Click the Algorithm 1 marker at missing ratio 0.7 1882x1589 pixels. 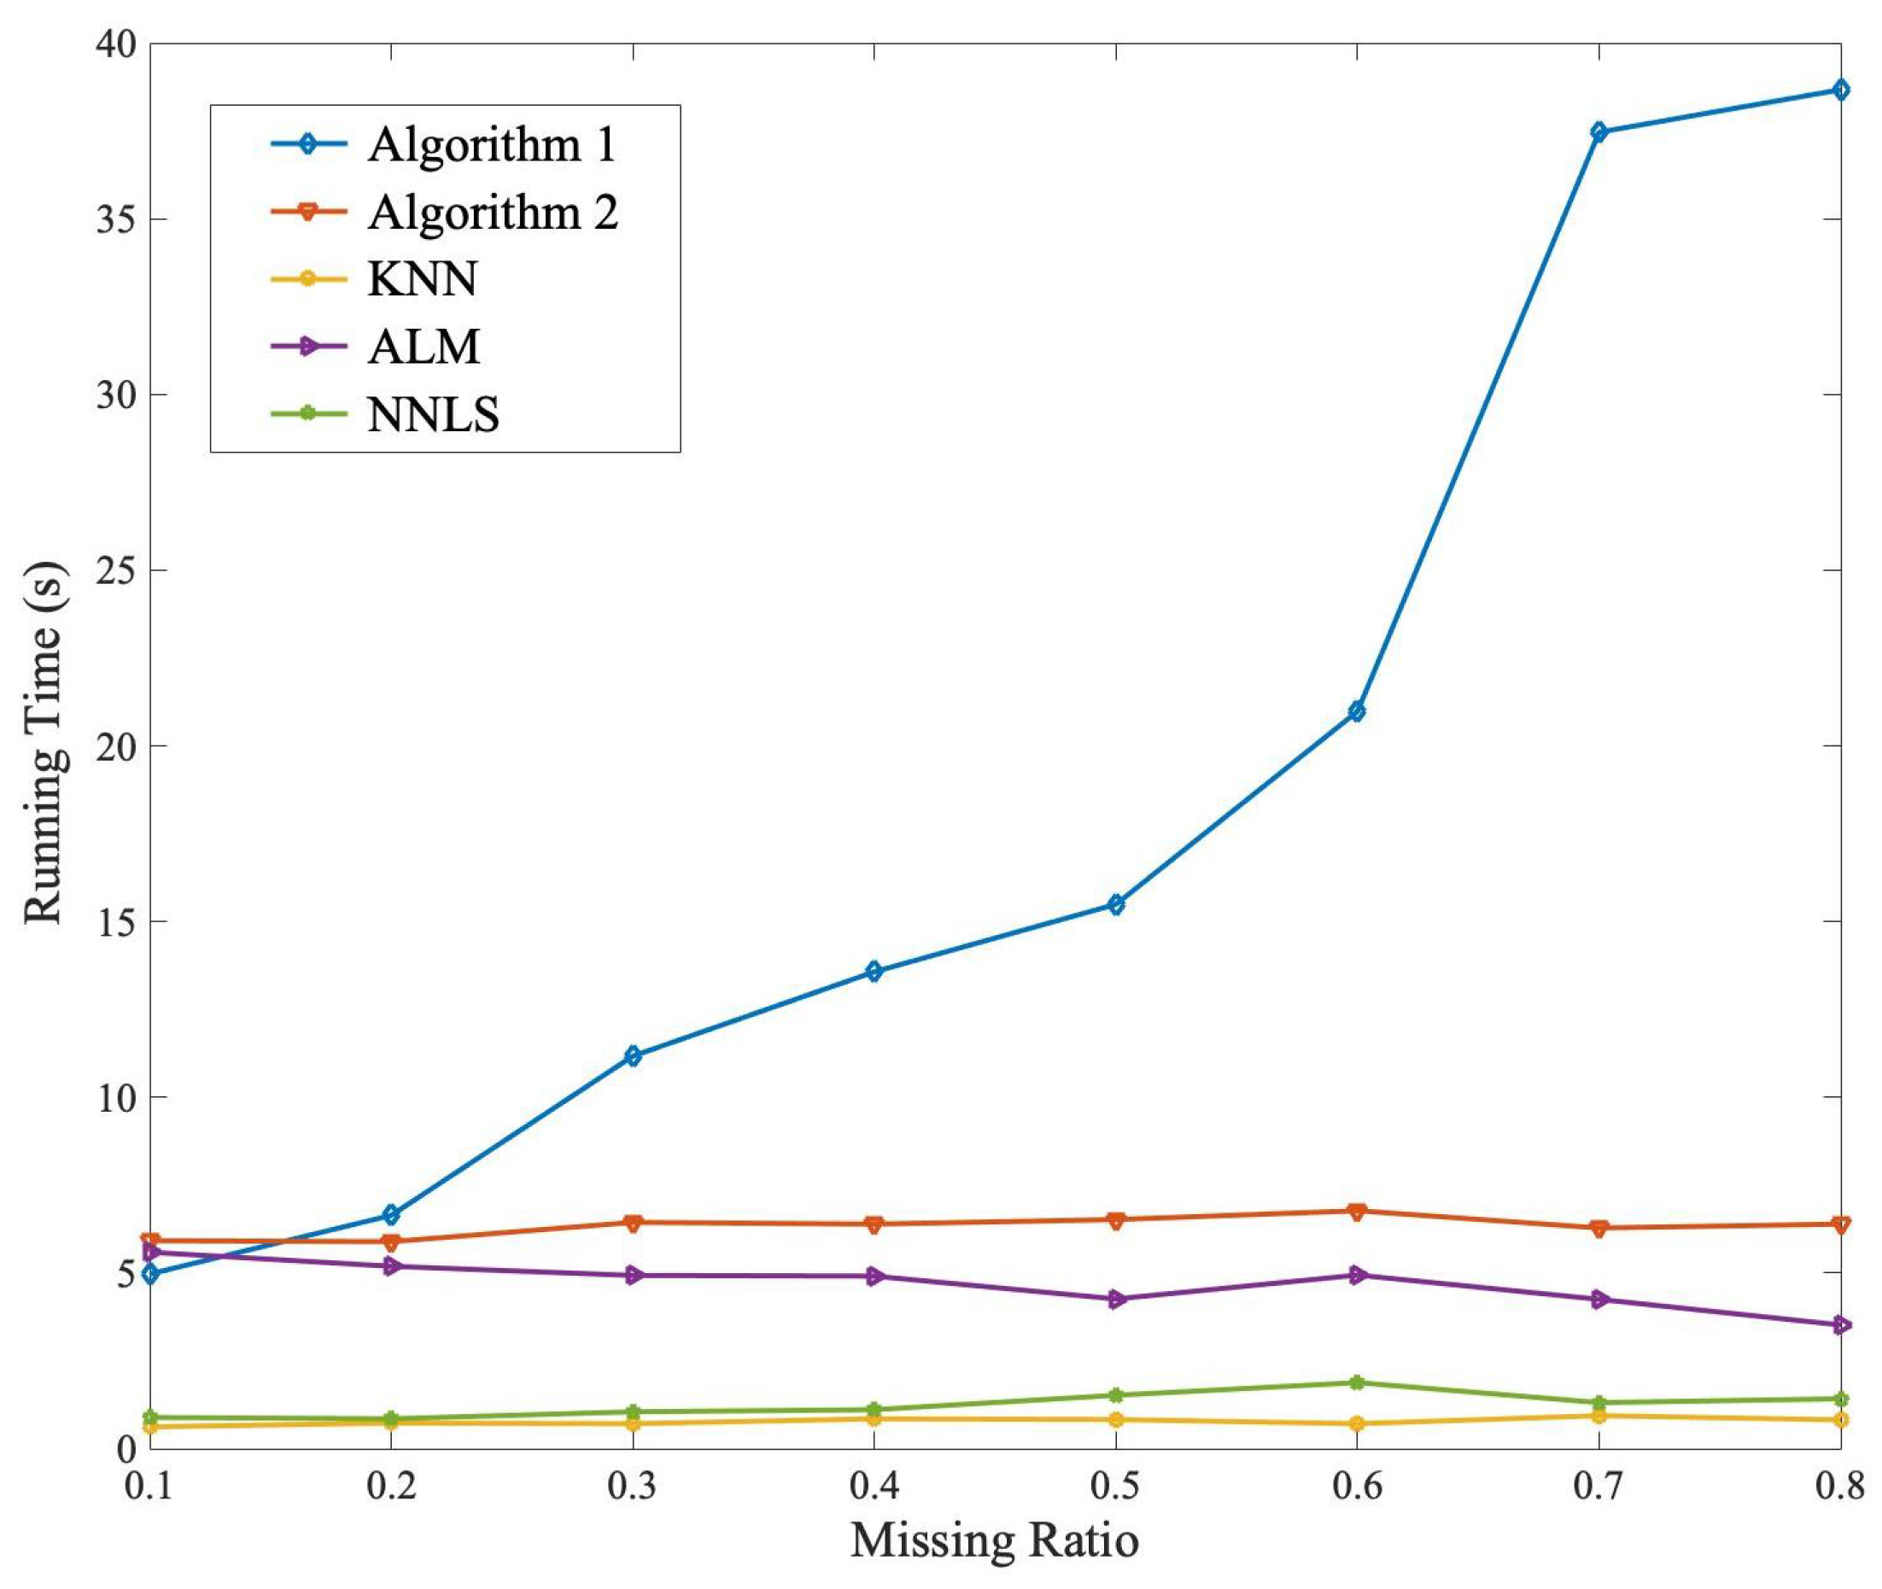click(1598, 131)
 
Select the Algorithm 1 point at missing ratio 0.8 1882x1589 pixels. click(1838, 90)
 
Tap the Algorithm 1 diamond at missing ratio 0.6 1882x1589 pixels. click(1356, 710)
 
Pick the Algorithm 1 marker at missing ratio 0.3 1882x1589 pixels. click(633, 1055)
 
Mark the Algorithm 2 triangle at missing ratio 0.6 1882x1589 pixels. click(1356, 1212)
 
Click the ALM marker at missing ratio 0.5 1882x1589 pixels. click(1115, 1299)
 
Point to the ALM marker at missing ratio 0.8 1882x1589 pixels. click(1838, 1325)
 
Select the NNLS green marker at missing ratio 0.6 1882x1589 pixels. click(1356, 1382)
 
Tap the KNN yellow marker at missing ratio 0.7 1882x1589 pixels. click(1598, 1415)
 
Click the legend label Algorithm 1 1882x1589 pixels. click(491, 145)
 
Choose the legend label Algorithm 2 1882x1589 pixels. click(492, 213)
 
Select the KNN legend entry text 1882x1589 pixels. click(422, 279)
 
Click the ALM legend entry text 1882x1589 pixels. click(424, 347)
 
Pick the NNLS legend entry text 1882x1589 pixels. click(433, 415)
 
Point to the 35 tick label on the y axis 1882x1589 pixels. click(113, 219)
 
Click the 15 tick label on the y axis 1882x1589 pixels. click(113, 921)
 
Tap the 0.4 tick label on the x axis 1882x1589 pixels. click(874, 1486)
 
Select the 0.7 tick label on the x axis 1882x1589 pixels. click(1598, 1486)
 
